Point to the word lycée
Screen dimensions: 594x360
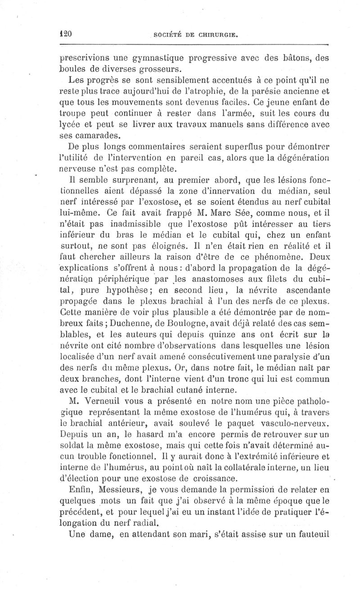pos(71,124)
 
